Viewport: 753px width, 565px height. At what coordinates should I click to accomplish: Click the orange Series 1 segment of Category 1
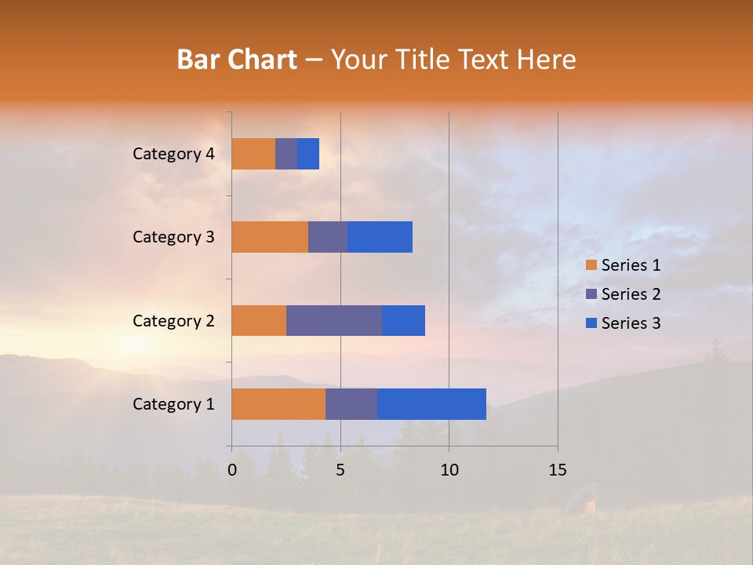click(278, 404)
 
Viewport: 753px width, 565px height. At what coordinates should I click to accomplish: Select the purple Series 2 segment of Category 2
click(334, 320)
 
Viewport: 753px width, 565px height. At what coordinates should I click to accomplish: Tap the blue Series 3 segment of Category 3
click(380, 237)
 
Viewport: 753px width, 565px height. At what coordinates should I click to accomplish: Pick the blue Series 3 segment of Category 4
click(308, 154)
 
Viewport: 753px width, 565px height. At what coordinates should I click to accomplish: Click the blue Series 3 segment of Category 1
click(431, 404)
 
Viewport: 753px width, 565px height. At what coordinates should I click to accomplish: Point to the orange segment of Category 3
click(270, 237)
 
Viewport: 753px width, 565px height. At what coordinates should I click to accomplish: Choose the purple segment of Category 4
click(286, 154)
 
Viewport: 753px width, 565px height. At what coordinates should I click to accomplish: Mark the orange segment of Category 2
click(259, 320)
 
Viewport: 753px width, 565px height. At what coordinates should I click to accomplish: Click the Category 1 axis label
click(173, 404)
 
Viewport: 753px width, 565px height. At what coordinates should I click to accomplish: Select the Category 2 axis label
click(173, 320)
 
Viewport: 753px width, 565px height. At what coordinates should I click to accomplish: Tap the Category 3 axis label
click(173, 237)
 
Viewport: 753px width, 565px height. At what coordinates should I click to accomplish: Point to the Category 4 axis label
click(173, 154)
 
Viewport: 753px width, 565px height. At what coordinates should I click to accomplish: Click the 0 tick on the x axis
click(232, 470)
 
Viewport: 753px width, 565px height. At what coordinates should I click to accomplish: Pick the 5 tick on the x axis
click(340, 470)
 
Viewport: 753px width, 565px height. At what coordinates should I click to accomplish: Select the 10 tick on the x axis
click(449, 470)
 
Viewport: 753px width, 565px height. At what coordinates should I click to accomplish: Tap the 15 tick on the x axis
click(558, 470)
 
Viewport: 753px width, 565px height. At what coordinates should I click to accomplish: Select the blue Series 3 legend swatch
click(591, 323)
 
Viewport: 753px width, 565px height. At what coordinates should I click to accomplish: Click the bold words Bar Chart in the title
click(236, 60)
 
